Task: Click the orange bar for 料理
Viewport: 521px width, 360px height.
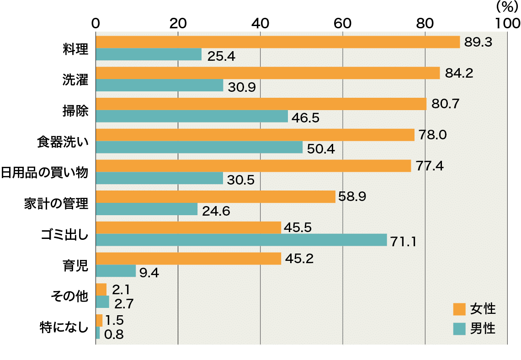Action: click(278, 42)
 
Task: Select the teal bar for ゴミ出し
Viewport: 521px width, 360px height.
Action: click(241, 240)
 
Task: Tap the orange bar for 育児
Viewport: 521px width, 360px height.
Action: click(188, 259)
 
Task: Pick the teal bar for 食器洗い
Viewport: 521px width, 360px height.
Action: click(199, 147)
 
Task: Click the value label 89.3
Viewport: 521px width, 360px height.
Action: click(478, 42)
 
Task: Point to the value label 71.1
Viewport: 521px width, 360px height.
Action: click(403, 241)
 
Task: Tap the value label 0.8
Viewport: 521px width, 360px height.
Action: click(114, 334)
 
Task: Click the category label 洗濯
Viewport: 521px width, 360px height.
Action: click(75, 79)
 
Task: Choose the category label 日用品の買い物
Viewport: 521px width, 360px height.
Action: click(44, 173)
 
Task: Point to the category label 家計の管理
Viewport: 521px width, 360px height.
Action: click(56, 203)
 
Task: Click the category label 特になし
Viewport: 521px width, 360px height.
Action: click(64, 328)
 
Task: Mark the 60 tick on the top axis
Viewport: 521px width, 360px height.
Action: click(342, 23)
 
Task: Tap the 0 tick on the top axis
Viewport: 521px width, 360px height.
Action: click(96, 23)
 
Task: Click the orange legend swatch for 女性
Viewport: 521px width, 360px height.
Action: click(459, 309)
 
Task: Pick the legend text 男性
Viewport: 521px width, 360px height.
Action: click(483, 328)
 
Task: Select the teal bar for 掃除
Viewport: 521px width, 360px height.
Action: click(192, 116)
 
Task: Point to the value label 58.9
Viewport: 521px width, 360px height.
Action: click(352, 197)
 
